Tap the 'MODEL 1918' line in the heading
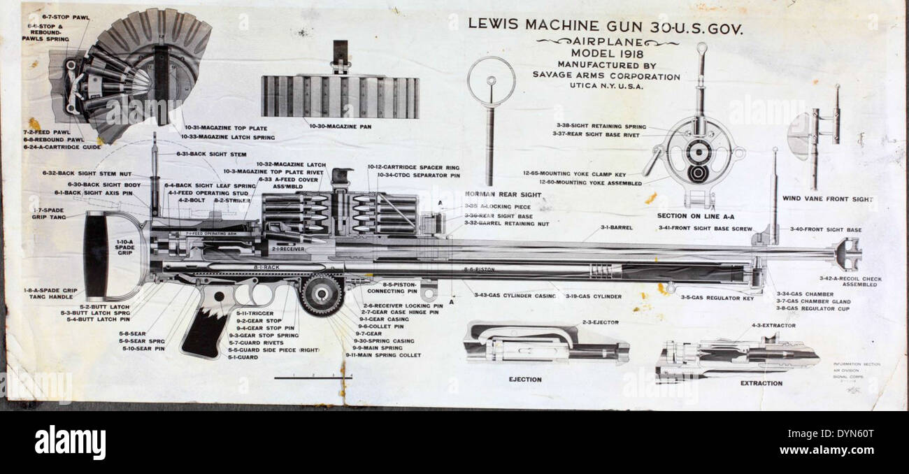point(606,53)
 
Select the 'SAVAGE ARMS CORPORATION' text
point(606,76)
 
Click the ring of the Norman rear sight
point(491,81)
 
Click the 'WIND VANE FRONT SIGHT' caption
point(828,199)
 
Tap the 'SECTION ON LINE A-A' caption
point(699,215)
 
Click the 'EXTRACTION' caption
point(761,383)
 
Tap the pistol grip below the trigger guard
point(206,329)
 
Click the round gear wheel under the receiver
point(322,294)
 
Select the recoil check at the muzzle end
point(847,253)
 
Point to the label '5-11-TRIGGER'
point(255,313)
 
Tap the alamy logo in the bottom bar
point(70,442)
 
